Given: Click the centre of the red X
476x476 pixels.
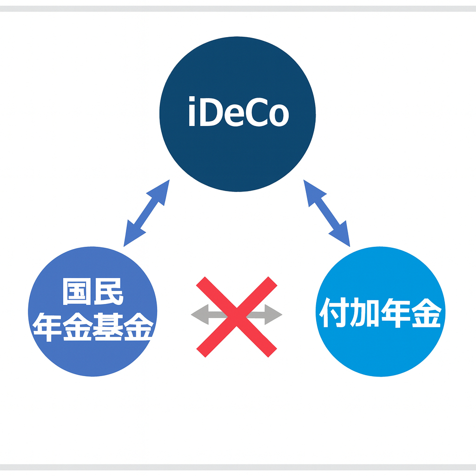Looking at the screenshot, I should tap(237, 317).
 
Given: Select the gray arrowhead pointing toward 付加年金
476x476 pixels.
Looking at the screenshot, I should tap(273, 315).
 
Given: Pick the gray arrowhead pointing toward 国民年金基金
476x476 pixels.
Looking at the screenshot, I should tap(200, 315).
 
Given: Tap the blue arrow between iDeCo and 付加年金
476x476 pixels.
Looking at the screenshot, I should tap(326, 213).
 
